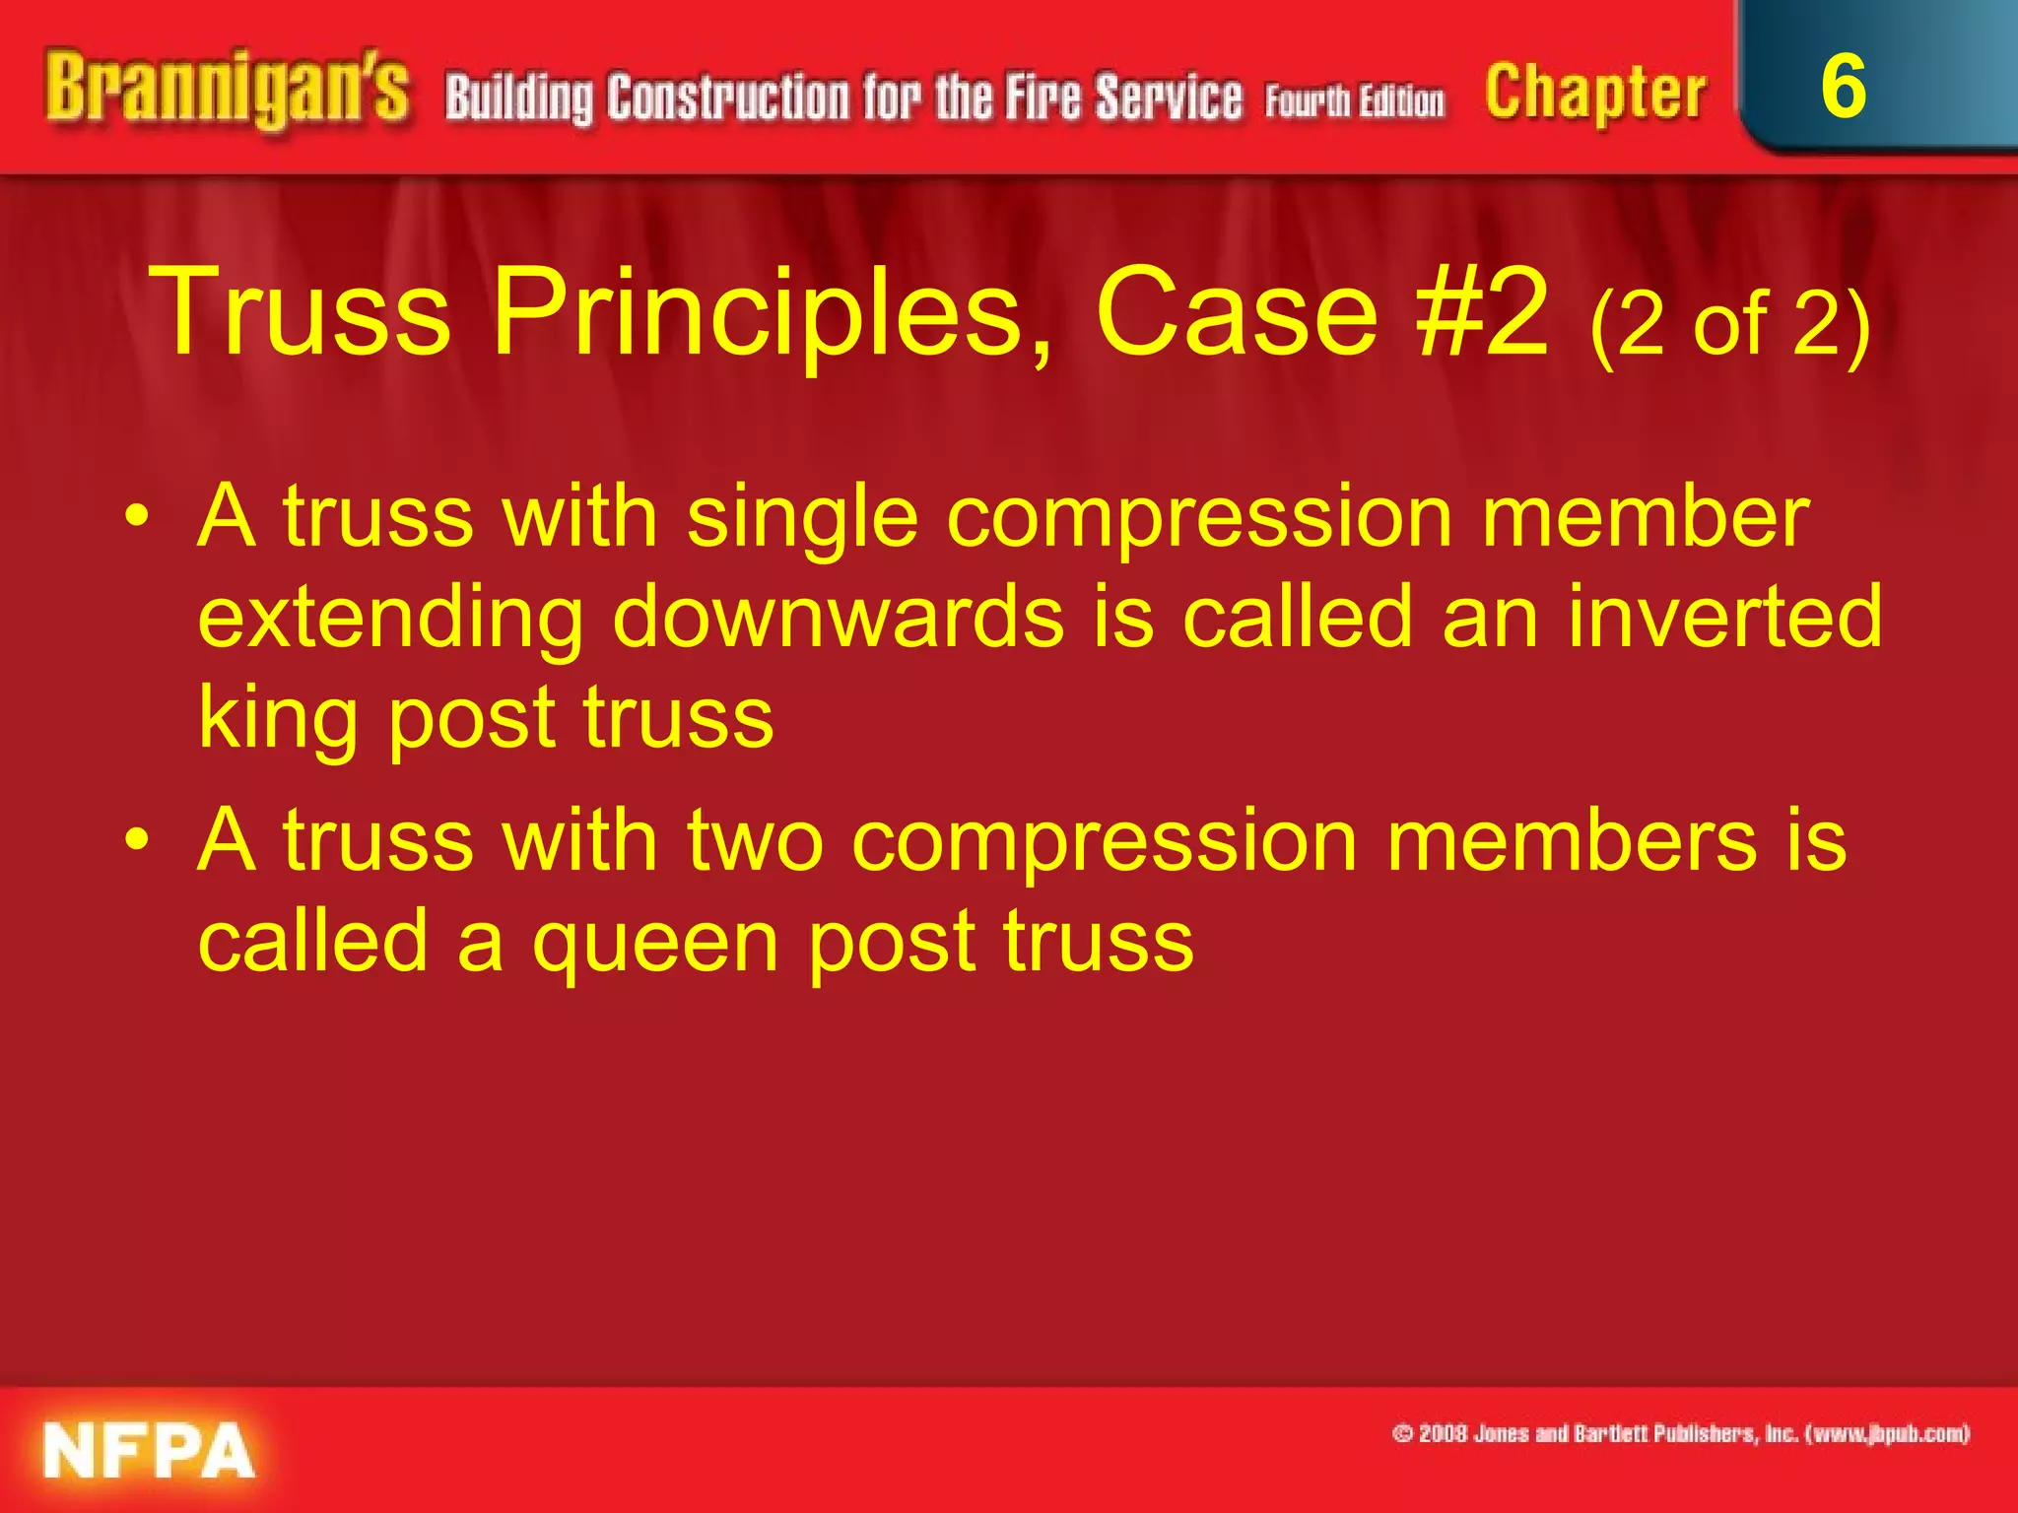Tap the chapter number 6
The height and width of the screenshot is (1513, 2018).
pyautogui.click(x=1843, y=87)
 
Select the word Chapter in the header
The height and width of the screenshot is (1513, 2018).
pyautogui.click(x=1595, y=94)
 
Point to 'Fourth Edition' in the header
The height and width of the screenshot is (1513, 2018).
pyautogui.click(x=1355, y=100)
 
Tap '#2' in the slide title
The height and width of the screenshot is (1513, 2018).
pyautogui.click(x=1482, y=313)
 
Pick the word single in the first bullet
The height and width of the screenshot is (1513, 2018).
pyautogui.click(x=803, y=520)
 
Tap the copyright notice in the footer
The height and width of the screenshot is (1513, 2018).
pyautogui.click(x=1680, y=1433)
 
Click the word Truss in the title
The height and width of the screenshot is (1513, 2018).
pyautogui.click(x=302, y=313)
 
